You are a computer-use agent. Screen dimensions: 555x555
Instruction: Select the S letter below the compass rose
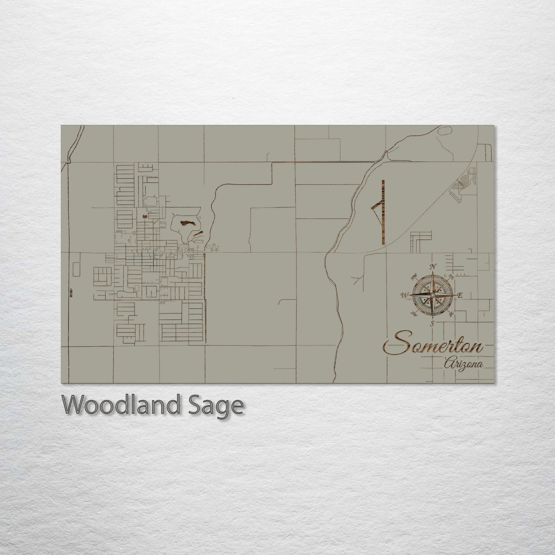432,323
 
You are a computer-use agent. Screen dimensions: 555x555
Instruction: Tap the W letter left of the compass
404,295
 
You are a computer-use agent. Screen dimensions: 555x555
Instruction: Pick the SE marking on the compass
451,314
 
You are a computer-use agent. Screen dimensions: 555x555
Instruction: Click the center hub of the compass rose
432,295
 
